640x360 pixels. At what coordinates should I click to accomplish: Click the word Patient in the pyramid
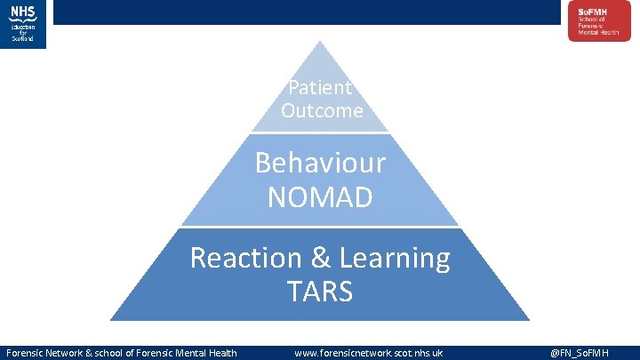(x=320, y=88)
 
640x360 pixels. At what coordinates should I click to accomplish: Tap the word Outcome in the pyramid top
(x=322, y=110)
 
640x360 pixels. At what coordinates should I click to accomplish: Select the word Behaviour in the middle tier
(x=320, y=163)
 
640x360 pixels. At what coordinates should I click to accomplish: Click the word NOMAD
(x=320, y=196)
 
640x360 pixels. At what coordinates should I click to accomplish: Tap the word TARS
(x=320, y=291)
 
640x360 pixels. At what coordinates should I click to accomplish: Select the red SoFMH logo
(x=594, y=20)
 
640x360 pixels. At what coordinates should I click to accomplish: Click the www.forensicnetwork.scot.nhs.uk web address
(x=369, y=353)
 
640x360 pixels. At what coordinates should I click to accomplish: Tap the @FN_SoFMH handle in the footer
(x=579, y=353)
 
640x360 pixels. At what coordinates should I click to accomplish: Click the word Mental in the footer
(x=190, y=353)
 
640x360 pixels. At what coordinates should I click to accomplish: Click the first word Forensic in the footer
(x=26, y=353)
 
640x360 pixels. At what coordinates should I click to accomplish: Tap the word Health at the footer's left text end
(x=222, y=353)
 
